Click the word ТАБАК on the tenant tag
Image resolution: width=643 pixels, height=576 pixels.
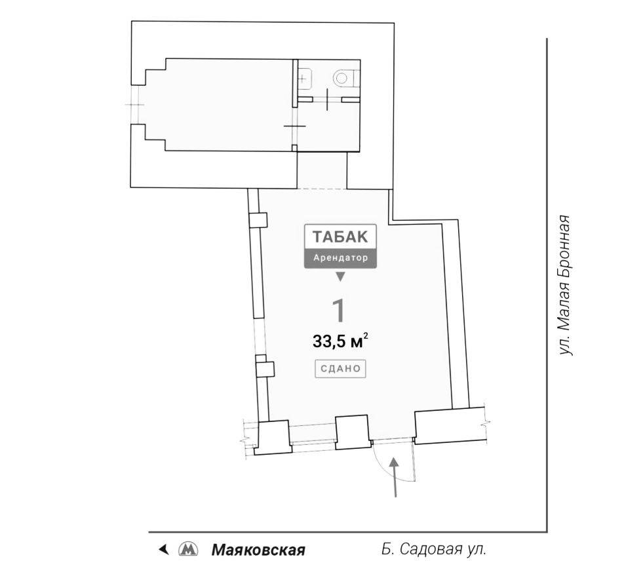(341, 237)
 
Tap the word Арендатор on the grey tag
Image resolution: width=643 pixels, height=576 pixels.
(341, 258)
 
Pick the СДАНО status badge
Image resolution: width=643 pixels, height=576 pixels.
(340, 368)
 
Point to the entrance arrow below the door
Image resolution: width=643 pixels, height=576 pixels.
(395, 477)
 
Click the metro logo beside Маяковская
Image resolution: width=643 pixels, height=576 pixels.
(188, 549)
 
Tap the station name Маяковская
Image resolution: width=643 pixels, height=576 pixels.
(258, 550)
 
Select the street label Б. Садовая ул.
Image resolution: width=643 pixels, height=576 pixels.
(433, 549)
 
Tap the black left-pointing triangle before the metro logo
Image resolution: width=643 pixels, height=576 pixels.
(164, 548)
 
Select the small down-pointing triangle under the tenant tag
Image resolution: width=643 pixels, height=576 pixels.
(340, 277)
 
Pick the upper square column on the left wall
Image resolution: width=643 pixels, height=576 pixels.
(259, 220)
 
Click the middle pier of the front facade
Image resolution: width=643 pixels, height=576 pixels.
(353, 431)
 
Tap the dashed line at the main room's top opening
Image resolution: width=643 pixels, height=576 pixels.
(322, 189)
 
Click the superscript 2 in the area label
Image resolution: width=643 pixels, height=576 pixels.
(364, 337)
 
